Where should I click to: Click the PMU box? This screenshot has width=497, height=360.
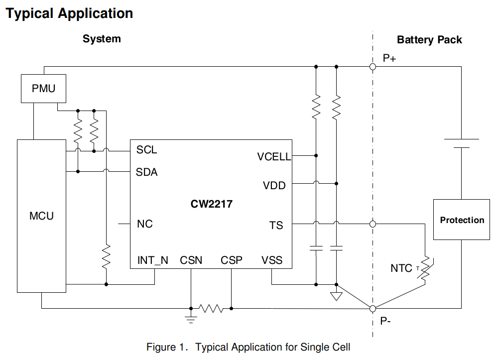(x=43, y=89)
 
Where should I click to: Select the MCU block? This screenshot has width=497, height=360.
(x=41, y=216)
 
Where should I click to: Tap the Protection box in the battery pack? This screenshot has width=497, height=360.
(x=462, y=220)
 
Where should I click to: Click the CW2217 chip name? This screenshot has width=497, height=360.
(x=211, y=204)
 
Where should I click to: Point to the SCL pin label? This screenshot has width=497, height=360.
(x=146, y=150)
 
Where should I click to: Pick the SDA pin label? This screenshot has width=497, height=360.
(x=146, y=172)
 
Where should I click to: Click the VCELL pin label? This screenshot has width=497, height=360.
(x=274, y=157)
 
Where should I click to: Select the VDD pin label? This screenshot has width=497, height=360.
(x=274, y=186)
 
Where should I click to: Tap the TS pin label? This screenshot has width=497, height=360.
(x=276, y=226)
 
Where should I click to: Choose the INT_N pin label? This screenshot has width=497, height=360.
(x=152, y=260)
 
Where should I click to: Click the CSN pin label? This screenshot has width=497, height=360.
(x=191, y=260)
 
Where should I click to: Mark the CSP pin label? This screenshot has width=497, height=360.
(x=232, y=260)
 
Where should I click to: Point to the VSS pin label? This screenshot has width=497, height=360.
(x=272, y=260)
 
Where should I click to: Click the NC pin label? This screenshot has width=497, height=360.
(x=144, y=224)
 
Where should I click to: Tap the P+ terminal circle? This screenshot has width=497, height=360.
(x=373, y=66)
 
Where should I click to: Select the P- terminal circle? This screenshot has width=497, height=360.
(x=373, y=308)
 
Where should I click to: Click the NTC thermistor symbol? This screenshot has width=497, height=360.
(x=425, y=269)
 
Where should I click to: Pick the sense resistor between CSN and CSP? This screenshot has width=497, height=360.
(x=211, y=308)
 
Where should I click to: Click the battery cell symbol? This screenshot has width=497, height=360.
(x=461, y=143)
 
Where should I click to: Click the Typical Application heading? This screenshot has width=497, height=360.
(x=69, y=13)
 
